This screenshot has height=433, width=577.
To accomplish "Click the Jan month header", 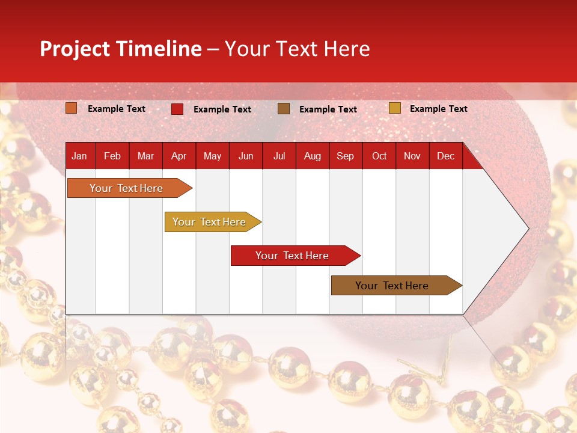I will pyautogui.click(x=79, y=156).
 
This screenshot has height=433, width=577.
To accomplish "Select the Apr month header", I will pyautogui.click(x=179, y=156).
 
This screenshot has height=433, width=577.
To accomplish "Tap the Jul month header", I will pyautogui.click(x=279, y=156).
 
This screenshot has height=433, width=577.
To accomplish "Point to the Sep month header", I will pyautogui.click(x=345, y=156).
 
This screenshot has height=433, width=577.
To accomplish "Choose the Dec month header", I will pyautogui.click(x=445, y=156).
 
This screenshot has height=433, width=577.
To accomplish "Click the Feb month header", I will pyautogui.click(x=112, y=156).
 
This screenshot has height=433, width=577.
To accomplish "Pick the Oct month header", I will pyautogui.click(x=379, y=156).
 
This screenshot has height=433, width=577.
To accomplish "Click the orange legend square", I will pyautogui.click(x=71, y=108).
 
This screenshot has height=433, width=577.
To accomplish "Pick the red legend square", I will pyautogui.click(x=177, y=109).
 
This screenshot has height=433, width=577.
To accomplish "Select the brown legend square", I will pyautogui.click(x=284, y=109).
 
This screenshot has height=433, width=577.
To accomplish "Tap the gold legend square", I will pyautogui.click(x=394, y=108).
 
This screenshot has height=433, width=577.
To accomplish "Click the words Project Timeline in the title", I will pyautogui.click(x=120, y=49).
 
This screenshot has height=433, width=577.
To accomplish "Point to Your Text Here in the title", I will pyautogui.click(x=297, y=49).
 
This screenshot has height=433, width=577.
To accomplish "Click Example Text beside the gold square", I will pyautogui.click(x=438, y=109).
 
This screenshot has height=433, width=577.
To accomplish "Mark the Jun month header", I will pyautogui.click(x=246, y=156).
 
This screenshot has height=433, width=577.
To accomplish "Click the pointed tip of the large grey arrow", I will pyautogui.click(x=528, y=229).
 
